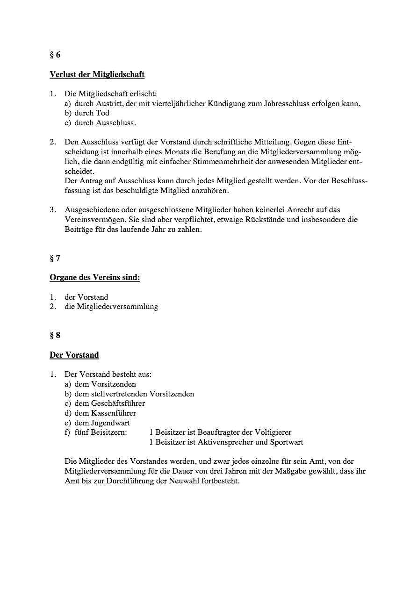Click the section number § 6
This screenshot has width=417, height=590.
(x=55, y=55)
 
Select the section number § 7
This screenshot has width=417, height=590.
(x=55, y=258)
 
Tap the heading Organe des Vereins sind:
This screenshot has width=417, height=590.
(x=95, y=278)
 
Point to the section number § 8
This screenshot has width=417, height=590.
(x=55, y=335)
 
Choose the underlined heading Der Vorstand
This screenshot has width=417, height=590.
(x=74, y=355)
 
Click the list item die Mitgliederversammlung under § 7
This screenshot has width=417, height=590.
(x=111, y=307)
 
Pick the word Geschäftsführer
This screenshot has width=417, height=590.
(x=118, y=403)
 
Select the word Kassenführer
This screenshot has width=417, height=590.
(x=114, y=413)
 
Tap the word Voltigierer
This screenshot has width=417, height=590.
(x=273, y=432)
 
